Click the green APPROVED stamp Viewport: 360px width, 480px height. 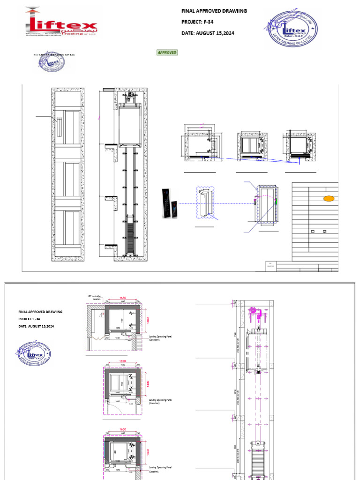tap(167, 52)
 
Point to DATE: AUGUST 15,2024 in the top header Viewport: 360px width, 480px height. tap(208, 33)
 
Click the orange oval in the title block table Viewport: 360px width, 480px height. tap(329, 199)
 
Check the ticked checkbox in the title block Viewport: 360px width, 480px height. tap(324, 232)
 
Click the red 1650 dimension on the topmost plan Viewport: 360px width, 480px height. tap(123, 298)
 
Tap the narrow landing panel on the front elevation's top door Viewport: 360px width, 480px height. tap(59, 127)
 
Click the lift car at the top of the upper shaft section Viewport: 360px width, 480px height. tap(129, 124)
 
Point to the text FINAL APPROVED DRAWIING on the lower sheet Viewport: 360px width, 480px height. tap(40, 311)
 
